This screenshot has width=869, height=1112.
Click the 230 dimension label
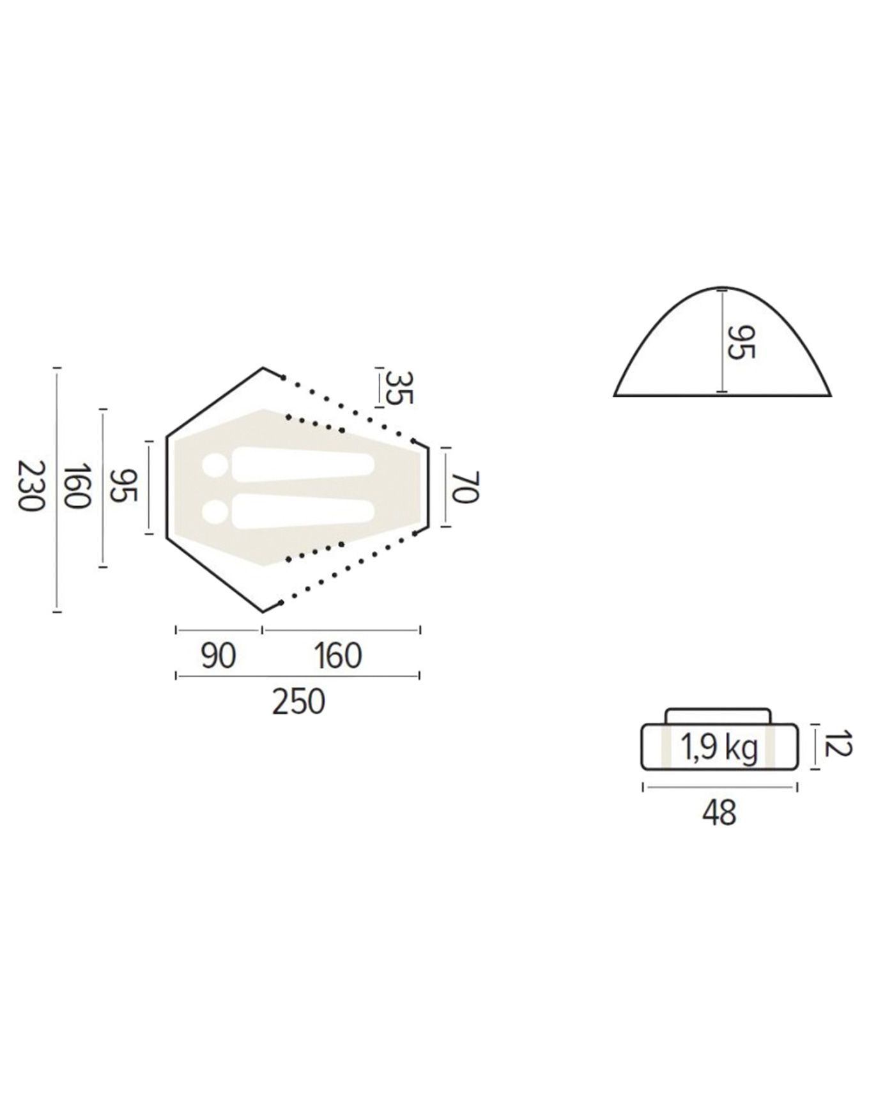[31, 485]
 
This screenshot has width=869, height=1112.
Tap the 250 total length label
[298, 701]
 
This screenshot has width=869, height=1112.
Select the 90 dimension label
[219, 656]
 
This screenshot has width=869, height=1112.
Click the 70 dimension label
[465, 488]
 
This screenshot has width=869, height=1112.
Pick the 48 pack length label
[719, 812]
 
